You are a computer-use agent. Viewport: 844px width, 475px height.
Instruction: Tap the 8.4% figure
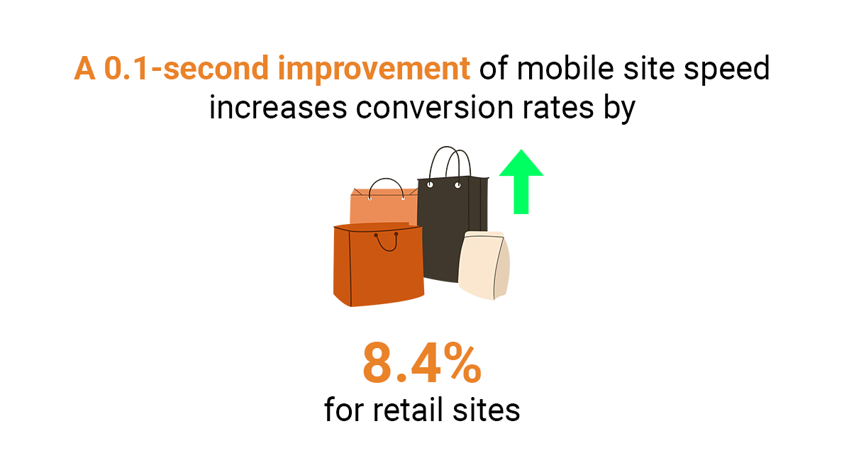pyautogui.click(x=422, y=364)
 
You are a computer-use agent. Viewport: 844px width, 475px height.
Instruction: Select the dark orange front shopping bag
pyautogui.click(x=378, y=269)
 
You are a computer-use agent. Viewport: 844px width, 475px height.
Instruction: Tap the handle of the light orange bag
pyautogui.click(x=386, y=186)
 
